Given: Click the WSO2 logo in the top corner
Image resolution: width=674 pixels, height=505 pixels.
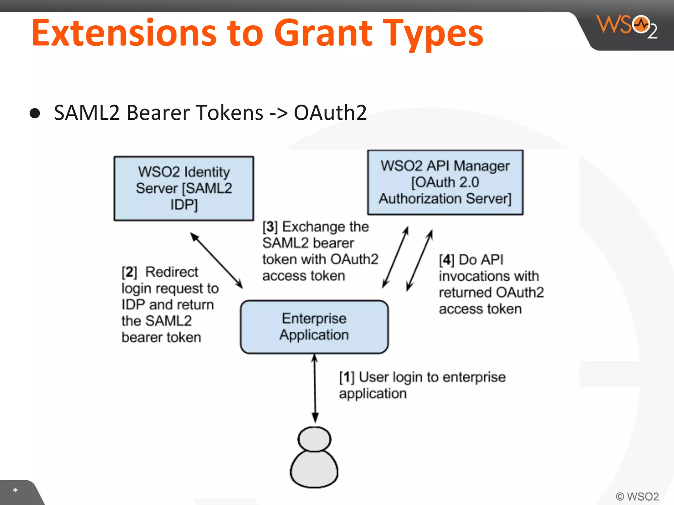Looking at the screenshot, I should pos(627,26).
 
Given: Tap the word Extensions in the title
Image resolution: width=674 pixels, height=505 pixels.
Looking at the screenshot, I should pos(124,33).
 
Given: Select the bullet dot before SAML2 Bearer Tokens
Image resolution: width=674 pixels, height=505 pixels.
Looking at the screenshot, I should pos(35,113).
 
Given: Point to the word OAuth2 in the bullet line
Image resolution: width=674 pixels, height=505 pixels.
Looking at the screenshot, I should pos(330,113).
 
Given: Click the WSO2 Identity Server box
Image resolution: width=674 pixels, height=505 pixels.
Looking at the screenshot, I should pos(184,188).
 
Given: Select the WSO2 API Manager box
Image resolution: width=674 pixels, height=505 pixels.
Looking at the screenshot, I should pos(445,182).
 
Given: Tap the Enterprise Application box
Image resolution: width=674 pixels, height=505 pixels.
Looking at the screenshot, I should pos(314,327).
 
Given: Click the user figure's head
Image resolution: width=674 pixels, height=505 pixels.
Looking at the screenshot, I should pos(314,439).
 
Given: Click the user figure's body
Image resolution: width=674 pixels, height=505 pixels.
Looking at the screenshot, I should pos(314,469).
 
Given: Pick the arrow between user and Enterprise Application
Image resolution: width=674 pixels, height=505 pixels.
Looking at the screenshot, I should pos(315,388).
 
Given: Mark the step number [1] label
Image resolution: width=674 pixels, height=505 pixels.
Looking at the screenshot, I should pos(347,377).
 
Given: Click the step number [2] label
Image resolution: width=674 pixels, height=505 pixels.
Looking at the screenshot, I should pos(129,272).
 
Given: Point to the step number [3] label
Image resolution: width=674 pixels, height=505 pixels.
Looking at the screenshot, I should pos(270,227).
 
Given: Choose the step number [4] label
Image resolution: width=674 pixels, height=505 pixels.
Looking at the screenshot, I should pos(446,260).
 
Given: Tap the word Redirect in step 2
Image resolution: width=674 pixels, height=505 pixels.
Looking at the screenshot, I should pos(172,272).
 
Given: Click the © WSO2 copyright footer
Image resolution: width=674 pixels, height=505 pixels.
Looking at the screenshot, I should pos(637,496).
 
